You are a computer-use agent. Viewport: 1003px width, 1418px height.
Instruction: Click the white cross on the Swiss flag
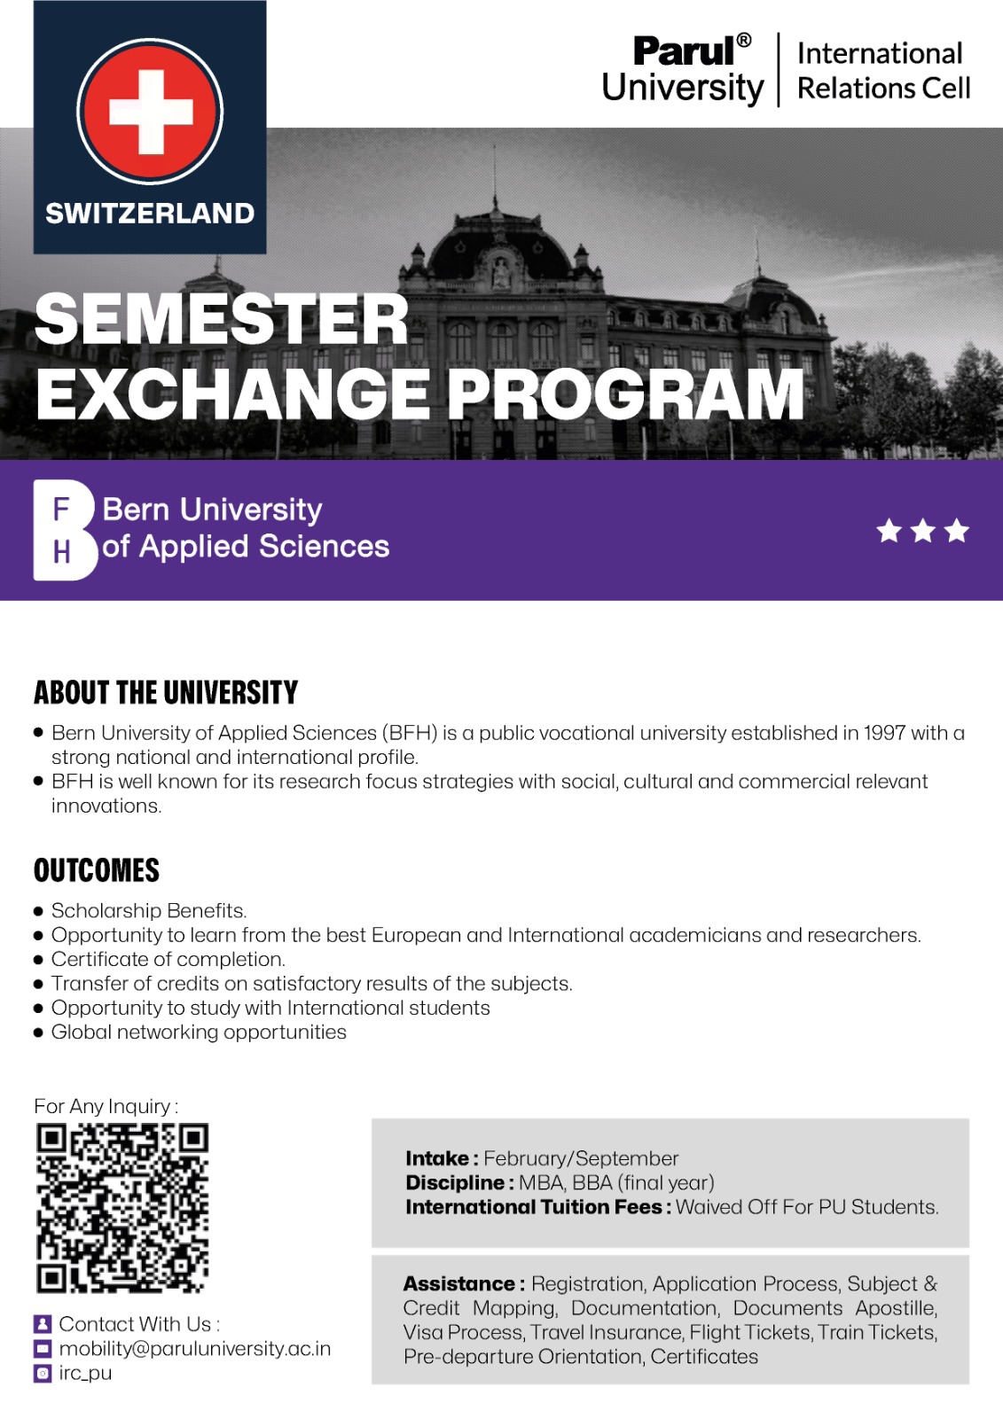pos(151,112)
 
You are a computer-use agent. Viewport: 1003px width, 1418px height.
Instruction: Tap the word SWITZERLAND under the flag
pos(150,214)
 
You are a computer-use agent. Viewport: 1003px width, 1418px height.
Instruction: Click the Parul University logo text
pos(682,70)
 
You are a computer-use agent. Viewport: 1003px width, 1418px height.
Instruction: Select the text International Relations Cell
pos(882,71)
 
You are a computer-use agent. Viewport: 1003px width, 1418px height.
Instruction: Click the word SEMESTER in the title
pos(222,320)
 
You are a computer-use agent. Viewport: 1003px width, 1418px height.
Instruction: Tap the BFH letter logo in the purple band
pos(63,530)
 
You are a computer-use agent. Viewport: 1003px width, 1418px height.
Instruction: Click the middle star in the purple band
pos(922,531)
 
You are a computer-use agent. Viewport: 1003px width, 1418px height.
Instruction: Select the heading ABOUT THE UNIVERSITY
pos(166,692)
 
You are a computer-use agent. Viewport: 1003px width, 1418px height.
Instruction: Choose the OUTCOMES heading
pos(97,870)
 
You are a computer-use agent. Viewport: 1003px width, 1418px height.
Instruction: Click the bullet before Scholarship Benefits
pos(38,911)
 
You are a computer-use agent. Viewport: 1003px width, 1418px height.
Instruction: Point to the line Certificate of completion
pos(168,959)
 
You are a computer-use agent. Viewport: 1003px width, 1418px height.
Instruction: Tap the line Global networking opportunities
pos(199,1032)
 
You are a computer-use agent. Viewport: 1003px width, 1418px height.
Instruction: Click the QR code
pos(122,1208)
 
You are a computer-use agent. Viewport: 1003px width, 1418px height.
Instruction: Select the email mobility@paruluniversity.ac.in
pos(195,1348)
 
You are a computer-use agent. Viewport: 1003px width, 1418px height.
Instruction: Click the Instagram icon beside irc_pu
pos(43,1373)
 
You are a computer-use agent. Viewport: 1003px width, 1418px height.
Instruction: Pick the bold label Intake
pos(437,1158)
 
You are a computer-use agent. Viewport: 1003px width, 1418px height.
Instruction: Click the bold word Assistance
pos(458,1283)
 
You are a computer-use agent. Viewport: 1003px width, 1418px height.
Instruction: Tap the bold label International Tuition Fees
pos(533,1207)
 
